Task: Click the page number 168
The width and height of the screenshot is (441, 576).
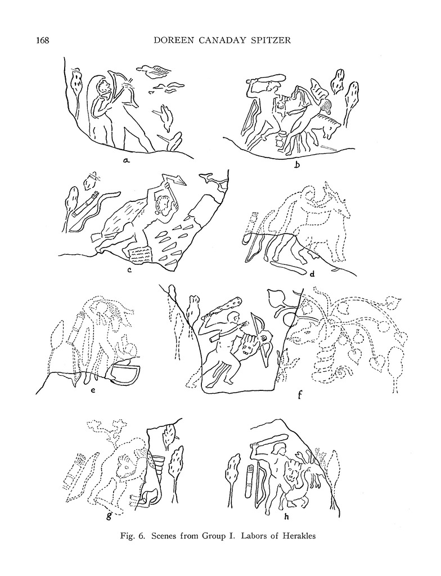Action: coord(42,40)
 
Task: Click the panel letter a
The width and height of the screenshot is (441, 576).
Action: coord(126,160)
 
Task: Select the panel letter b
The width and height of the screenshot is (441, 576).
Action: coord(296,164)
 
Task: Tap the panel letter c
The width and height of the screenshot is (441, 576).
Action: coord(129,271)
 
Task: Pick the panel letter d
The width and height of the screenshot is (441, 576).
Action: coord(313,273)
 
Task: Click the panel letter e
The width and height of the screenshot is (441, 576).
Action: coord(93,391)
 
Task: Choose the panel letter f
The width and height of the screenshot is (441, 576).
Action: coord(300,395)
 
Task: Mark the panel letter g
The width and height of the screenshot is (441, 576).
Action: coord(109,516)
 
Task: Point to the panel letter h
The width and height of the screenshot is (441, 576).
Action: coord(286,516)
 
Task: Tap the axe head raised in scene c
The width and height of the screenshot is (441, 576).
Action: coord(179,179)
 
